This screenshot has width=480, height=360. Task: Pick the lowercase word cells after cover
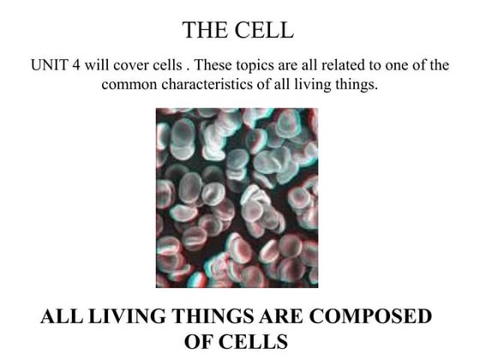coord(167,66)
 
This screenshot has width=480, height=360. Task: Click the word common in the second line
coord(129,85)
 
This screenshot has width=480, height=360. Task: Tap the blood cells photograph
coord(237,198)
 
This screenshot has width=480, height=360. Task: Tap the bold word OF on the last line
coord(201,341)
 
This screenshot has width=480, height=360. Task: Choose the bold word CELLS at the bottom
coord(256,341)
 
